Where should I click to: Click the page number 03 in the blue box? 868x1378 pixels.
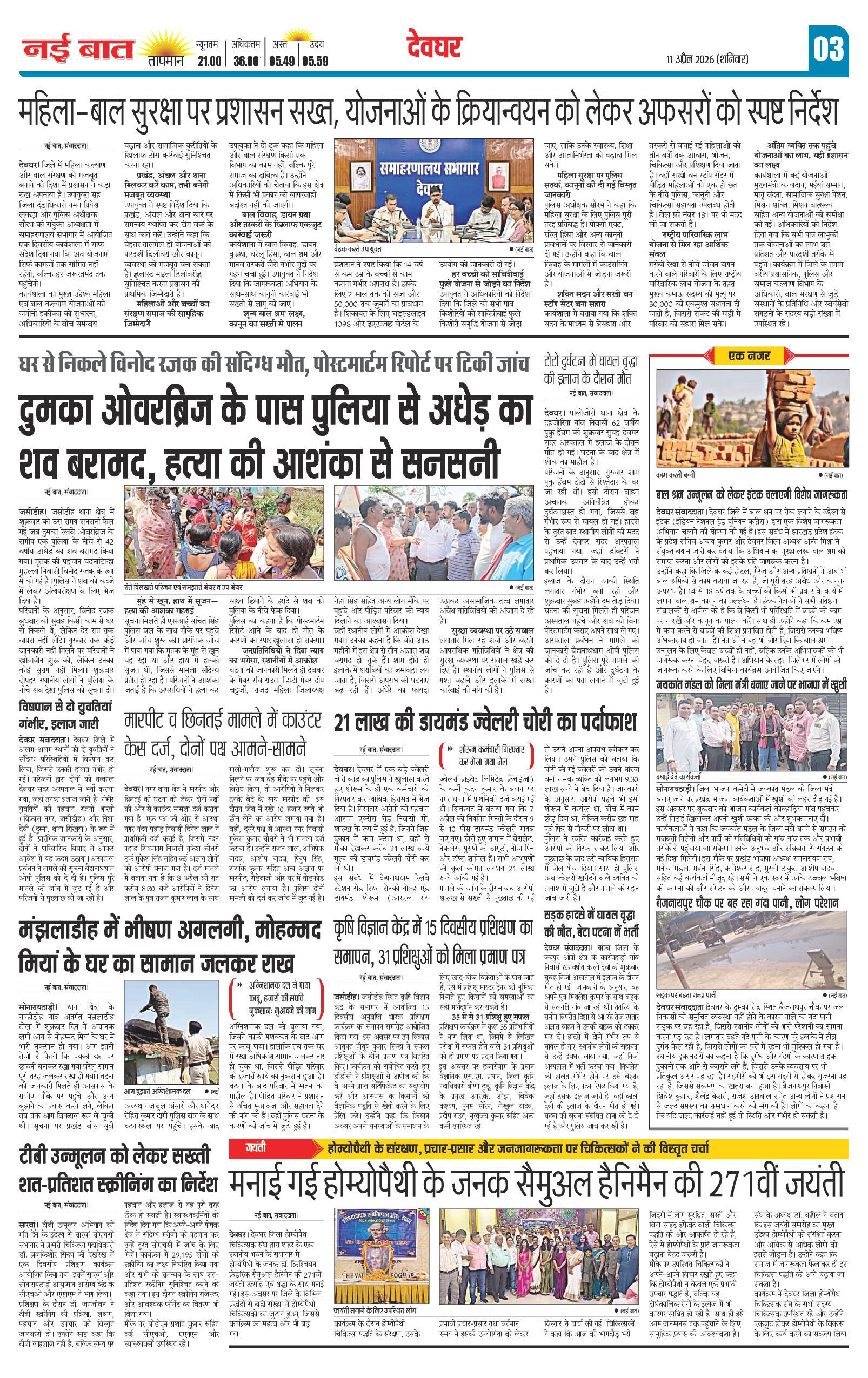point(828,49)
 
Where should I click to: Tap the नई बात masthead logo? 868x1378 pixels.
point(78,50)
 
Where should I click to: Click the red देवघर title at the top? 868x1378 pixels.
point(435,48)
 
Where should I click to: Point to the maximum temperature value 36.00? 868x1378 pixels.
point(247,61)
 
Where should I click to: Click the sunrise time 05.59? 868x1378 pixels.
point(316,61)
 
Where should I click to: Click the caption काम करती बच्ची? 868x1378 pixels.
point(682,475)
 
